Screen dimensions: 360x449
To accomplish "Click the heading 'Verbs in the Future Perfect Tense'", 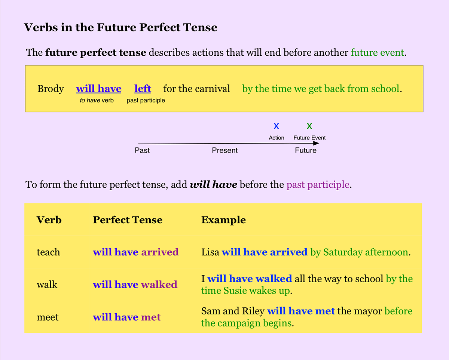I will coord(120,27).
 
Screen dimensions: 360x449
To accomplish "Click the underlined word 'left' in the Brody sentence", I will coord(143,89).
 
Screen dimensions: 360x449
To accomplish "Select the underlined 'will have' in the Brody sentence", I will coord(99,89).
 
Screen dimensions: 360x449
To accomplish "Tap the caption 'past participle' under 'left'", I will coord(146,100).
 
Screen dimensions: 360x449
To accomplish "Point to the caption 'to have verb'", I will coord(97,100).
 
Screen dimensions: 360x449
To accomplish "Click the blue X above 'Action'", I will coord(277,126).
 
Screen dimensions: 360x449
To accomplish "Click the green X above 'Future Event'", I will coord(309,126).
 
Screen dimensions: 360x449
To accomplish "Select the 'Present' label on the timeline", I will coord(224,150).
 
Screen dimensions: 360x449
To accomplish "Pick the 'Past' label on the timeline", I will coord(142,150).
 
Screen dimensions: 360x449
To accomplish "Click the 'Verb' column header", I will coord(49,220).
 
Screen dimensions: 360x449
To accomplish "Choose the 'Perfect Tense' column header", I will coord(128,220).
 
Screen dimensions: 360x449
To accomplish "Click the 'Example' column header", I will coord(223,220).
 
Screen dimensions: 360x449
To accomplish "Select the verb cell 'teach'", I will coord(48,252).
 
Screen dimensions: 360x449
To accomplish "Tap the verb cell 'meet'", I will coord(48,317).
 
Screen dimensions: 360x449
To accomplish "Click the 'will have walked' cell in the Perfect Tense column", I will coord(135,284).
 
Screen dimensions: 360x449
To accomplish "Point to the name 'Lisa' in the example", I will coord(210,252).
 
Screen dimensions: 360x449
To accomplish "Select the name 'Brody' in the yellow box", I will coord(51,89).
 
